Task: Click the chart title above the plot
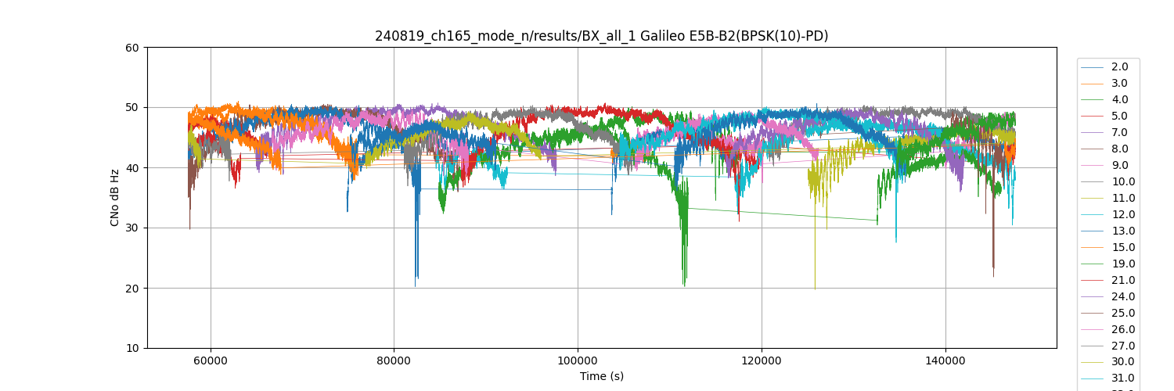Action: pos(601,36)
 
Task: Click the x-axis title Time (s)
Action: pos(601,376)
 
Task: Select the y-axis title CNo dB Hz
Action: pos(115,198)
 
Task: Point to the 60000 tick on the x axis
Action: pos(210,361)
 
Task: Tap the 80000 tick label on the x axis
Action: pos(394,361)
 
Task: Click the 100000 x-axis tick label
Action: pos(578,361)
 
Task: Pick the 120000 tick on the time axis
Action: pos(762,361)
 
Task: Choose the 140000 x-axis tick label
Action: pos(945,361)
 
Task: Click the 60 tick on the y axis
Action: pos(132,48)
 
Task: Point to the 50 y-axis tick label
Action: pos(132,108)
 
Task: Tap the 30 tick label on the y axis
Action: pos(132,228)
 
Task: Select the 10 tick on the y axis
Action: pos(132,349)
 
